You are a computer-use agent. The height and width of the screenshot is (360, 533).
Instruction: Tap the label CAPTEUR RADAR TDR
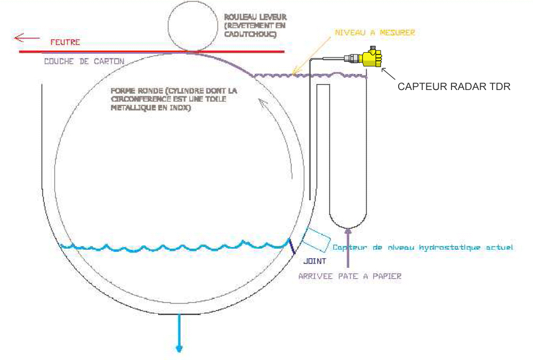pyautogui.click(x=454, y=86)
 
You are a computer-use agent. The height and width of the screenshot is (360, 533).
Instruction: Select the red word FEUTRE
pyautogui.click(x=64, y=42)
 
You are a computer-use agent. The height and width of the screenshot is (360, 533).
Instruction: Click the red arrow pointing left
pyautogui.click(x=27, y=37)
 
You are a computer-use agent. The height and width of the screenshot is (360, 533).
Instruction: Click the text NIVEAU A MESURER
pyautogui.click(x=375, y=32)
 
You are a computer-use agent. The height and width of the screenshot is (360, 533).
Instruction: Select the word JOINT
pyautogui.click(x=315, y=261)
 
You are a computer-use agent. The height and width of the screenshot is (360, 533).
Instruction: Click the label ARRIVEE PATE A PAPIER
pyautogui.click(x=350, y=276)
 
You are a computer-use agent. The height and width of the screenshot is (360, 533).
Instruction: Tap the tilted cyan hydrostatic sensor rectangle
pyautogui.click(x=316, y=240)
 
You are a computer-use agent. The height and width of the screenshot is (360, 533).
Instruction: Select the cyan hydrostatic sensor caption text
pyautogui.click(x=423, y=248)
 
